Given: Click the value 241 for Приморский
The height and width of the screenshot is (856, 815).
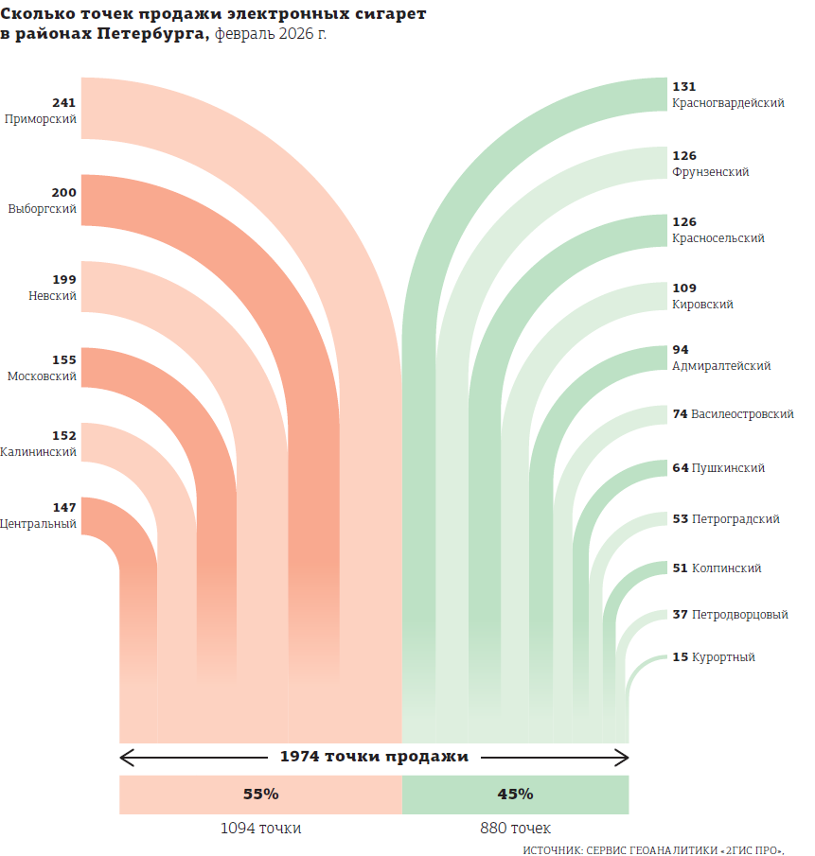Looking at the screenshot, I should (63, 103).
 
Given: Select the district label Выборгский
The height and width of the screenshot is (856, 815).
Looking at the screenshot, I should (42, 208).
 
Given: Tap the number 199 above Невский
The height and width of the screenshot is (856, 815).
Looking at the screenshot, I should (63, 280).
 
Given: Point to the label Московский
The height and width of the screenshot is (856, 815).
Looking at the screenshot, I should (42, 376).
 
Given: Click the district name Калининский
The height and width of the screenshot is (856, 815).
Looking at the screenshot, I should (39, 452).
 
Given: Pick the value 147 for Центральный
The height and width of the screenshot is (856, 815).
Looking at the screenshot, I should (63, 508).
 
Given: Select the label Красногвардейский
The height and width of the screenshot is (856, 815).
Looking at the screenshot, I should (727, 103).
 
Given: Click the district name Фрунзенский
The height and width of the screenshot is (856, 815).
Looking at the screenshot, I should (710, 172).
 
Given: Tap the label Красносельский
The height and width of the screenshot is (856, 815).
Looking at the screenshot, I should (718, 238).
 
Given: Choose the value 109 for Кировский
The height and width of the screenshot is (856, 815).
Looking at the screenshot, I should (683, 288).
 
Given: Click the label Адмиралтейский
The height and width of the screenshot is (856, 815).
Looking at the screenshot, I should (720, 366).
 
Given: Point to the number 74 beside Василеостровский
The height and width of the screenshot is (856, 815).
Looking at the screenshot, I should (679, 414).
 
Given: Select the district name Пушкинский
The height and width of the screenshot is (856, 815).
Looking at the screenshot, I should (728, 468).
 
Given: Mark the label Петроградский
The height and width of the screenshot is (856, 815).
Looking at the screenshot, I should (735, 519).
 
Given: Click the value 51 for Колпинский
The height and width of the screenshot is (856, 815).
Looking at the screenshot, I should (679, 568).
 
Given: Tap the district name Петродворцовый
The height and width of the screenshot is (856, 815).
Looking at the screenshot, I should (739, 615).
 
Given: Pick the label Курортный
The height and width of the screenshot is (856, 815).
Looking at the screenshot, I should (723, 657).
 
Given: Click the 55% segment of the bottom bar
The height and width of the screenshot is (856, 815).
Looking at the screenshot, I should (260, 795).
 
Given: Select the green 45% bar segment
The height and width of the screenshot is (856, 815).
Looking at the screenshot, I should (515, 795).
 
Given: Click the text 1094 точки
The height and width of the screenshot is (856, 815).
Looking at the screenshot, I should (260, 828).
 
